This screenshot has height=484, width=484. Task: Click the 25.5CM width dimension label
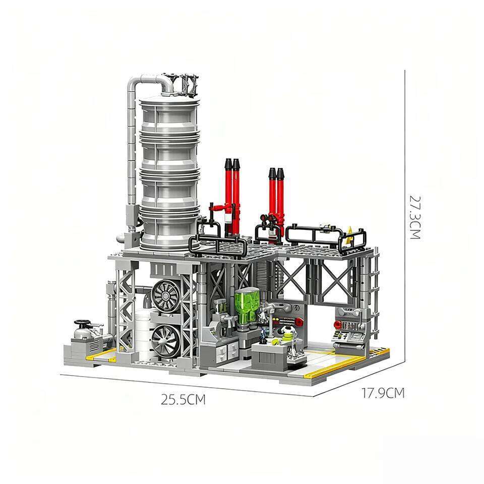click(184, 400)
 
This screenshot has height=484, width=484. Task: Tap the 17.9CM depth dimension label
click(383, 393)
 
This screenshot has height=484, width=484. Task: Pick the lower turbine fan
click(166, 339)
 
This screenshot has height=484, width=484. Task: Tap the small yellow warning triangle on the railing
click(350, 232)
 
